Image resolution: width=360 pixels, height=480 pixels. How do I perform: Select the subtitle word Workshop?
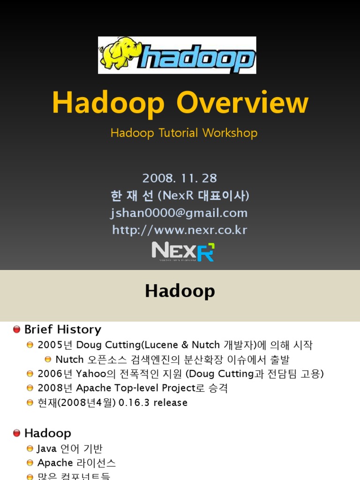(230, 133)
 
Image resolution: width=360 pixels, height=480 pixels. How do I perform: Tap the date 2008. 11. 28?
(180, 178)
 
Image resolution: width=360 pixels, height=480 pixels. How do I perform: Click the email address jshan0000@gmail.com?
(179, 213)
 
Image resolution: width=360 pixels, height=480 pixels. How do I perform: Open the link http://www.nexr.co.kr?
(180, 230)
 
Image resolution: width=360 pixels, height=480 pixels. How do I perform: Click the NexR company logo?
(183, 252)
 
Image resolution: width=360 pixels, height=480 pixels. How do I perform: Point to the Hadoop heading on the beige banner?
(180, 291)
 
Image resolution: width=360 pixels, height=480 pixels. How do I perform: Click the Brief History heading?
(62, 330)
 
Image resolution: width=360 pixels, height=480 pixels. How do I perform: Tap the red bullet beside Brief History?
(17, 330)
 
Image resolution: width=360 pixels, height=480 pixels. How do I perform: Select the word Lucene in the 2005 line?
(161, 345)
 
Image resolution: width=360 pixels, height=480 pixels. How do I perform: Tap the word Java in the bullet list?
(47, 449)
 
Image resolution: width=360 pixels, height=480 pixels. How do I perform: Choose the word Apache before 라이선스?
(55, 463)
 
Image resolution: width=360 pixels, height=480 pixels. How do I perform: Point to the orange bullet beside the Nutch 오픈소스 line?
(48, 360)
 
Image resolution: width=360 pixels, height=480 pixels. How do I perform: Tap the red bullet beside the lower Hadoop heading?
(17, 433)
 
